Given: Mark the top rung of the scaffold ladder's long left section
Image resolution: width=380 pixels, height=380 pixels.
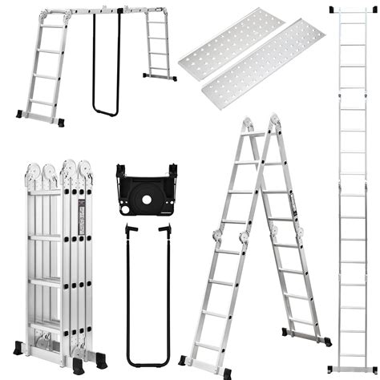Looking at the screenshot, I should pos(52,25).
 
